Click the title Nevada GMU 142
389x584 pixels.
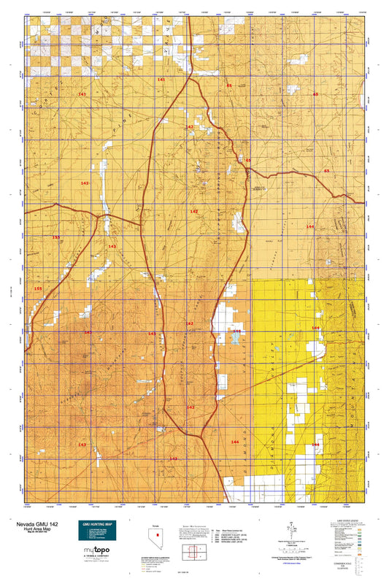pyautogui.click(x=36, y=524)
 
